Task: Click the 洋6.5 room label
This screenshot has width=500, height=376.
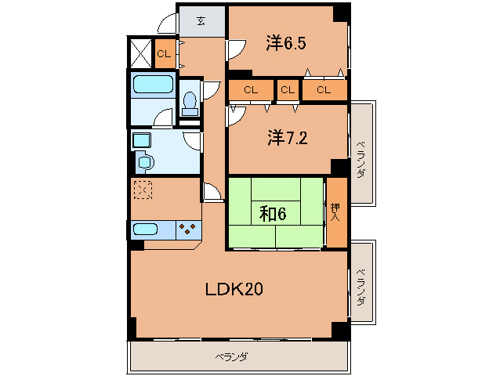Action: tap(286, 43)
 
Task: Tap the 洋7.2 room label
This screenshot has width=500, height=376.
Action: tap(288, 139)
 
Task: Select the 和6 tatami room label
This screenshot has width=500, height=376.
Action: tap(273, 214)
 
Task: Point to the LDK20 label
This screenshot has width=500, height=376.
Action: tap(234, 289)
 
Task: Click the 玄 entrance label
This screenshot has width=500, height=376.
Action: tap(201, 21)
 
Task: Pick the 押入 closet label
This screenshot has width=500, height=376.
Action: tap(335, 212)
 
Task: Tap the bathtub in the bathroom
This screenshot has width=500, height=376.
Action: tap(153, 84)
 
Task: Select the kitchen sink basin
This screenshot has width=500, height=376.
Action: tap(145, 229)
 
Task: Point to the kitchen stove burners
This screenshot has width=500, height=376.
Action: tap(187, 229)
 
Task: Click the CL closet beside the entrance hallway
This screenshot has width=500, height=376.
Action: tap(165, 53)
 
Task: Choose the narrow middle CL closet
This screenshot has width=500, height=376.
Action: tap(288, 90)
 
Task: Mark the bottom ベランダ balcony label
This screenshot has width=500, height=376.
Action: tap(231, 356)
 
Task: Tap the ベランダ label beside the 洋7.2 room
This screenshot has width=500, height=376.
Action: tap(361, 159)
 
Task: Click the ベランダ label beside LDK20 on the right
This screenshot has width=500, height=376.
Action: tap(361, 287)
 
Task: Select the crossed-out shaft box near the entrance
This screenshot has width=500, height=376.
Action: tap(140, 53)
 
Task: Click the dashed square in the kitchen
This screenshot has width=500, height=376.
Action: tap(143, 190)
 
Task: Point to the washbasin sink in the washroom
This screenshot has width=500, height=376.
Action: tap(144, 162)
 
